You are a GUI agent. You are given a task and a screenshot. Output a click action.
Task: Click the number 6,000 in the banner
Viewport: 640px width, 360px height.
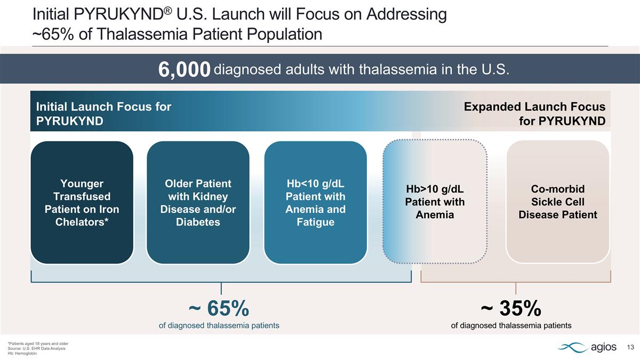click(184, 70)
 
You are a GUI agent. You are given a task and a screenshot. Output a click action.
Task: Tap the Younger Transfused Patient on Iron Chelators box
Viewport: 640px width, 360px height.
click(82, 203)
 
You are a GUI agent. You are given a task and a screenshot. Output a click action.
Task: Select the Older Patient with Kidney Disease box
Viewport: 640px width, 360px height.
click(198, 203)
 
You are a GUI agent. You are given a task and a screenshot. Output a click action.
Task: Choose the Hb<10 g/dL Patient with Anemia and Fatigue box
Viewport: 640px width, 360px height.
click(315, 203)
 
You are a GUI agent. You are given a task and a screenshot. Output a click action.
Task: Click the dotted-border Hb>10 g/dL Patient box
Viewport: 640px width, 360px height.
click(435, 203)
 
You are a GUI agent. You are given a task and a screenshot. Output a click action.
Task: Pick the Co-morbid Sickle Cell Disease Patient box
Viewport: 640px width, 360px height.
click(557, 203)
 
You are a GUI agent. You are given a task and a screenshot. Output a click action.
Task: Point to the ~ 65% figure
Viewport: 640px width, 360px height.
click(219, 308)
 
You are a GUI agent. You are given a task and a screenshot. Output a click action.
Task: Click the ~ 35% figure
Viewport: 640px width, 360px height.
click(511, 308)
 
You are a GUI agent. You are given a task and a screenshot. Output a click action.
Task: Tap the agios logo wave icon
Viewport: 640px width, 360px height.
click(572, 348)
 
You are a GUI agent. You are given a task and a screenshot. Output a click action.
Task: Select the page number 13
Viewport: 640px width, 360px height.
click(630, 348)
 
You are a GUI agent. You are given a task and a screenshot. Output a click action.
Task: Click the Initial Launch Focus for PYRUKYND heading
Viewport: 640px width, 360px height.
click(103, 114)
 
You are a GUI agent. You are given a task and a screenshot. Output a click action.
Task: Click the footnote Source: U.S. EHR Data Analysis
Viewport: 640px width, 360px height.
click(37, 348)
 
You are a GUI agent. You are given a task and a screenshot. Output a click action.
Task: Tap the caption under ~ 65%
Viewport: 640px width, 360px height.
click(219, 325)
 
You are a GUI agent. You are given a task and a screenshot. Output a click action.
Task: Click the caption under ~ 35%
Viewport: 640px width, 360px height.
click(511, 325)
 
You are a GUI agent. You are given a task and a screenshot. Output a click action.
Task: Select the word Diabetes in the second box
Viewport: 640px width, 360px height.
click(198, 222)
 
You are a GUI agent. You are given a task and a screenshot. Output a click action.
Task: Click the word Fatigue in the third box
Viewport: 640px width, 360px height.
click(315, 222)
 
